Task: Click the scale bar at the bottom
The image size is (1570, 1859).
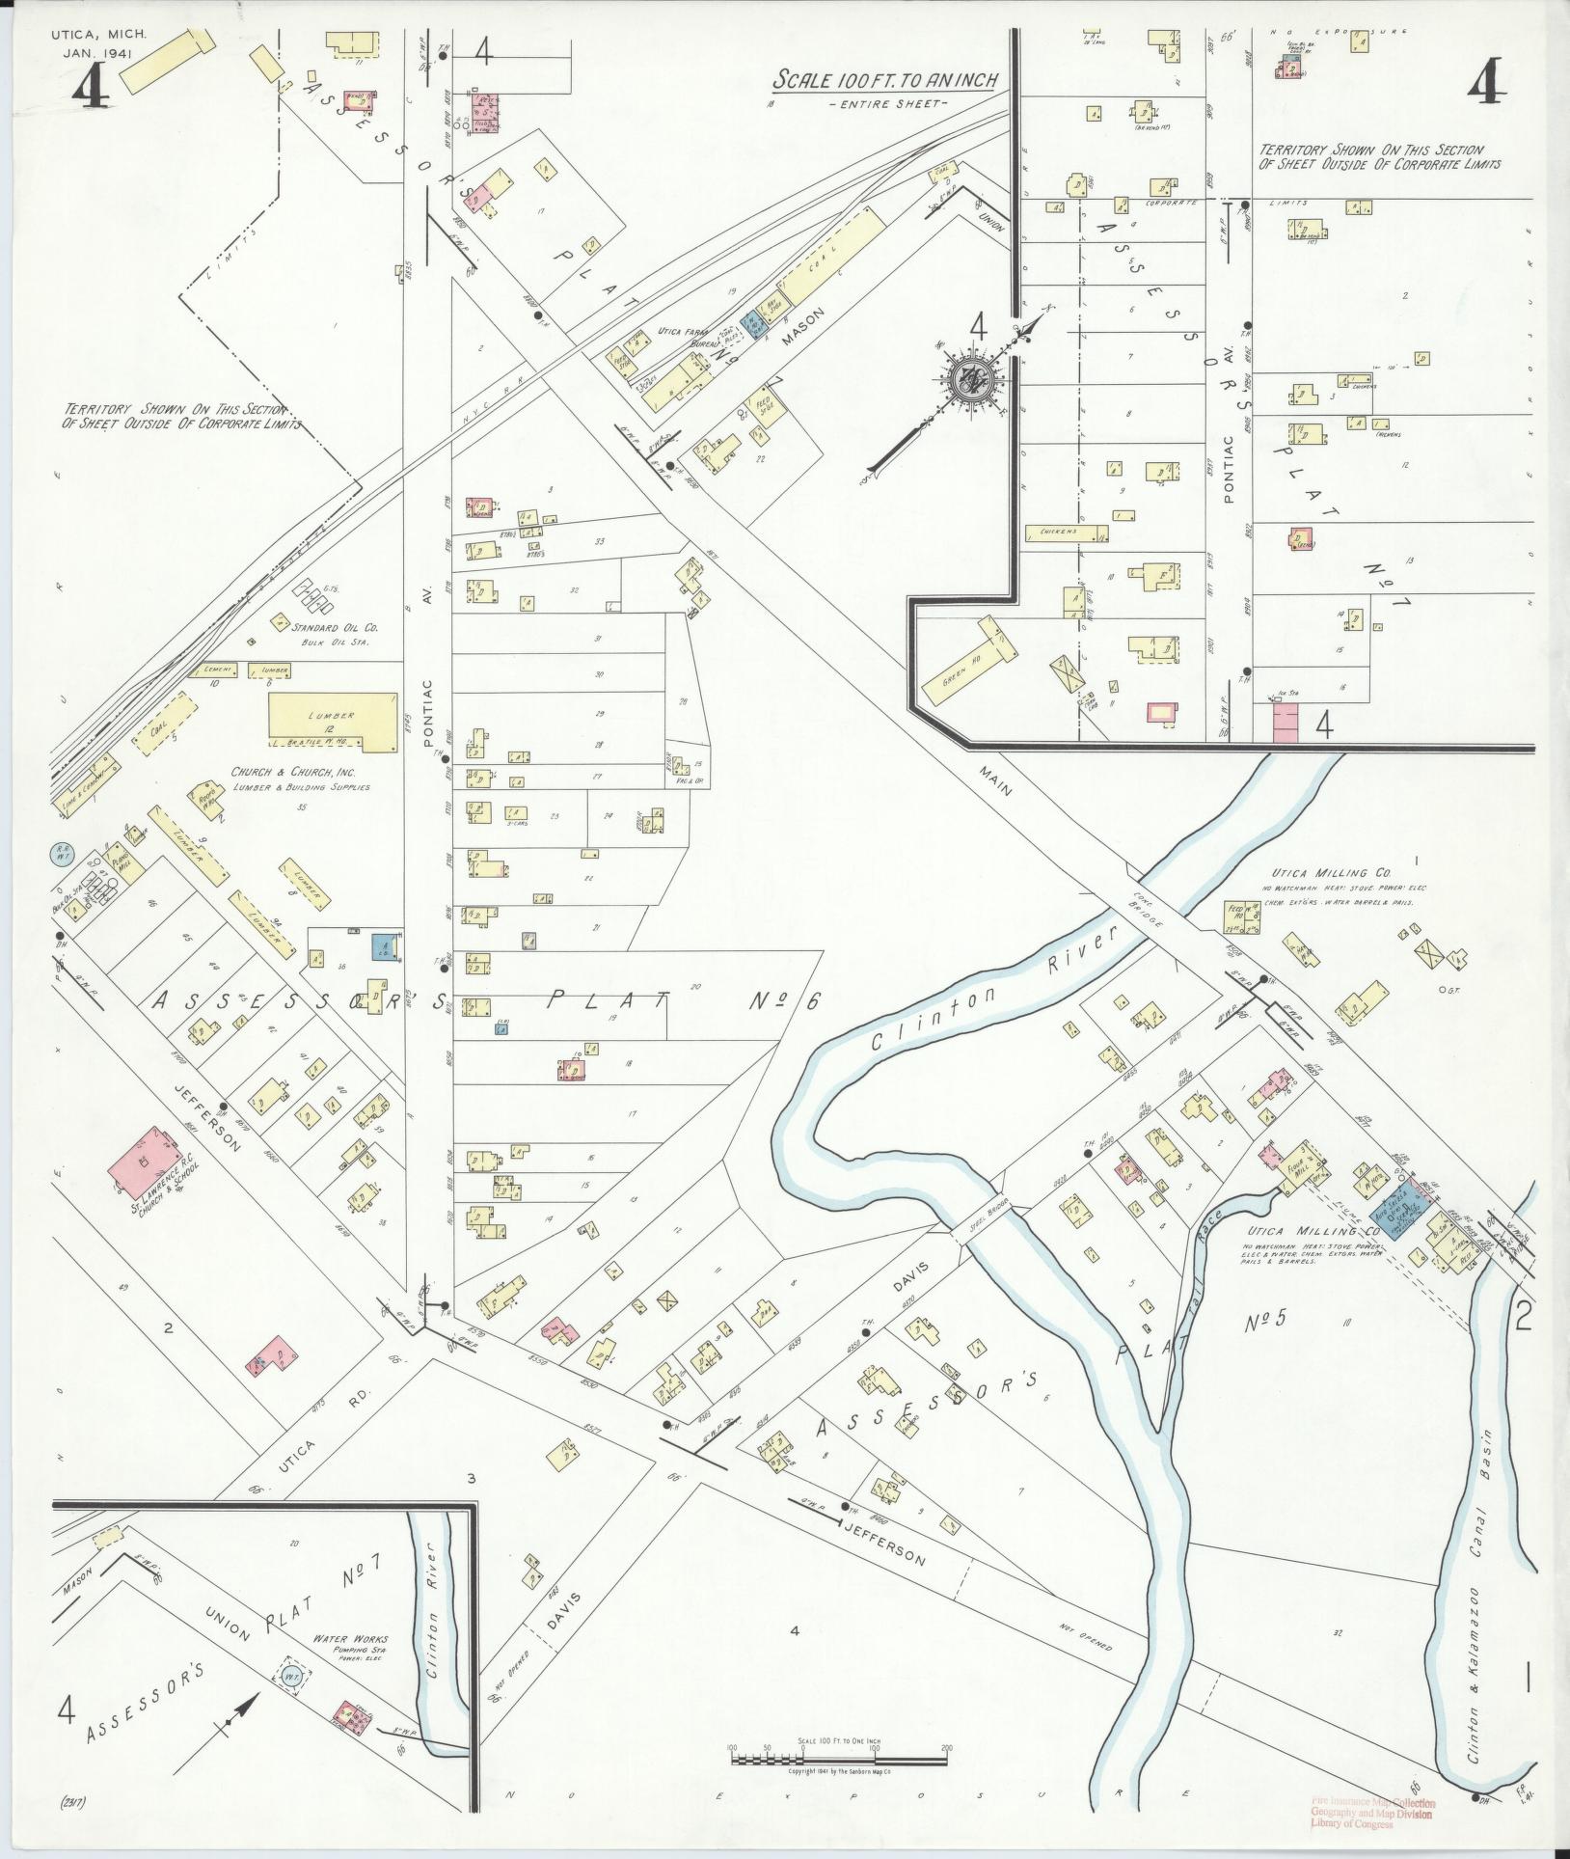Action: coord(839,1761)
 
